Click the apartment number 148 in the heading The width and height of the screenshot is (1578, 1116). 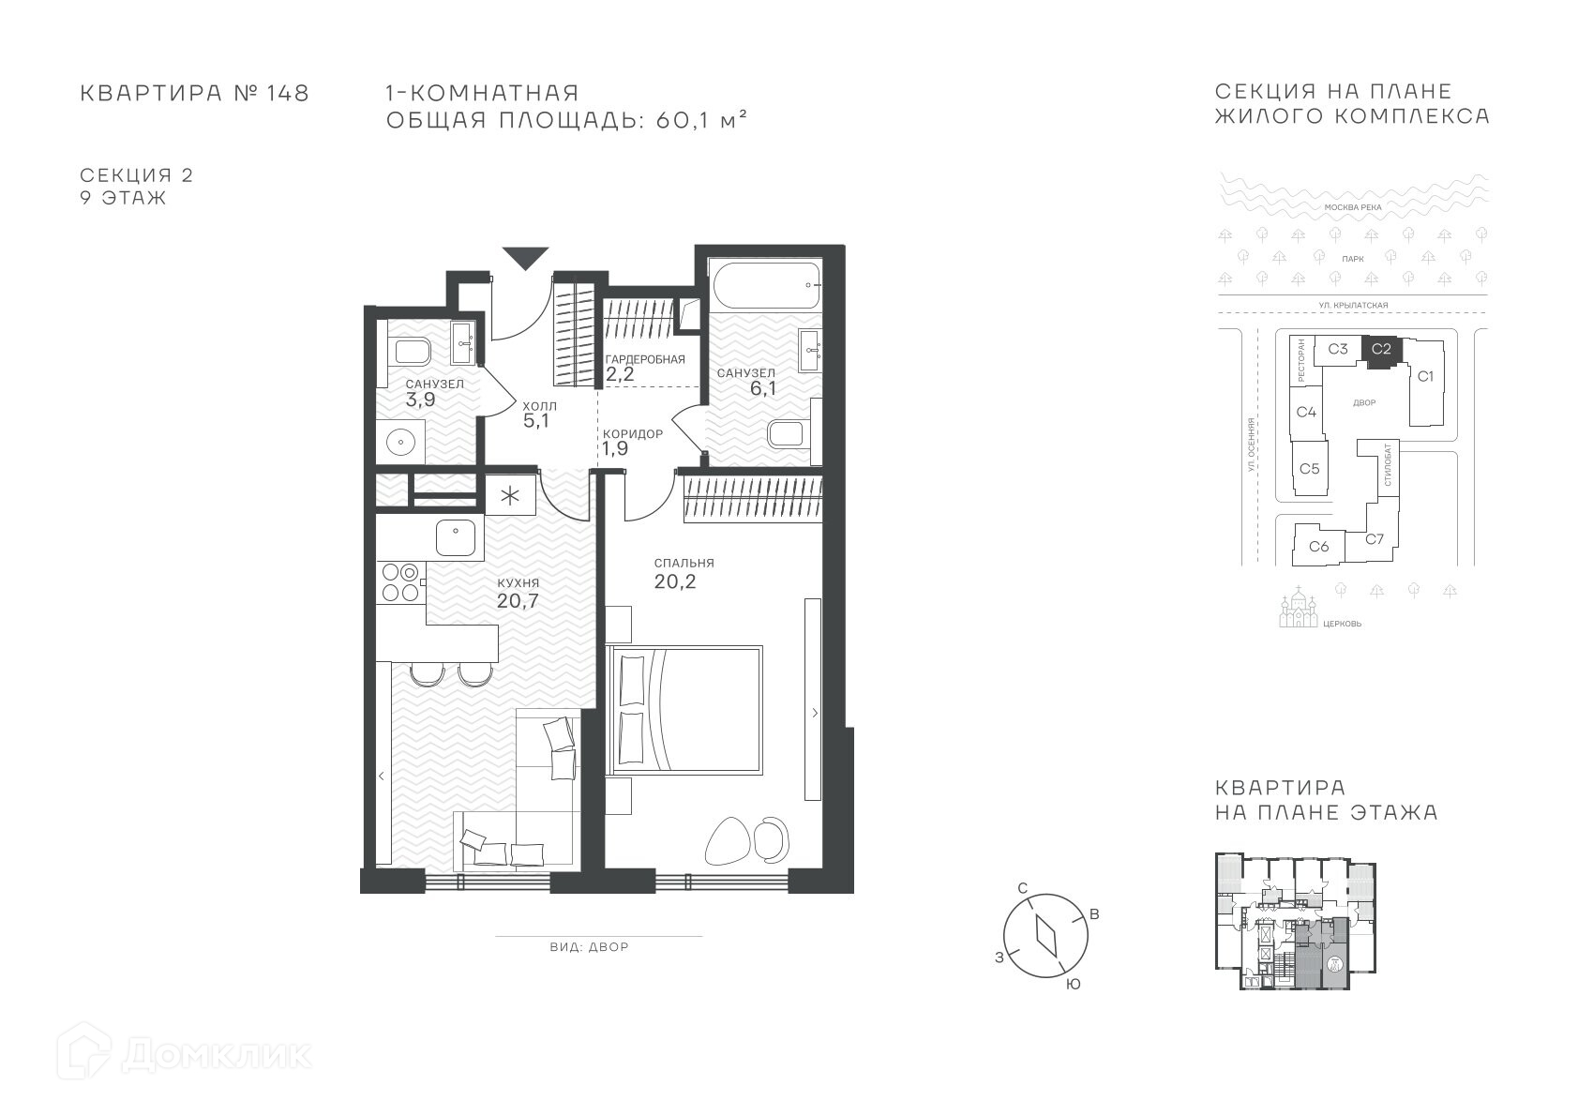pyautogui.click(x=288, y=93)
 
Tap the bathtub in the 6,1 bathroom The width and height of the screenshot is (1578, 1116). pyautogui.click(x=766, y=285)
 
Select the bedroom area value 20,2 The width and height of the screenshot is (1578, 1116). pyautogui.click(x=675, y=581)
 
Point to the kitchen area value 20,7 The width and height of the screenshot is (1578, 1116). pyautogui.click(x=518, y=601)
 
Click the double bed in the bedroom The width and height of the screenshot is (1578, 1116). pyautogui.click(x=684, y=710)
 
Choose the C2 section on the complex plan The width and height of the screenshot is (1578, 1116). pyautogui.click(x=1381, y=350)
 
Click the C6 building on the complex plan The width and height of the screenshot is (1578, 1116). pyautogui.click(x=1318, y=546)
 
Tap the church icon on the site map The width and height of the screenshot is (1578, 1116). pyautogui.click(x=1299, y=608)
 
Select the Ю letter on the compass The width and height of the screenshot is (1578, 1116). pyautogui.click(x=1073, y=985)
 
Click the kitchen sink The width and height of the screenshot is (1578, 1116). pyautogui.click(x=456, y=538)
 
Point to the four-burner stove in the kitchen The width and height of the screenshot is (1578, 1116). pyautogui.click(x=401, y=582)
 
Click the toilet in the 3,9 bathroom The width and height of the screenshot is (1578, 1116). pyautogui.click(x=410, y=350)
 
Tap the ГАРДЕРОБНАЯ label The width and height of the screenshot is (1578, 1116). pyautogui.click(x=645, y=359)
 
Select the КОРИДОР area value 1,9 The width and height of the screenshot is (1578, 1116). pyautogui.click(x=615, y=449)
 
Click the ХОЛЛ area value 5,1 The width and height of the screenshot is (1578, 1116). pyautogui.click(x=536, y=421)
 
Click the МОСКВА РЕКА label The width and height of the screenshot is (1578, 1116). pyautogui.click(x=1353, y=207)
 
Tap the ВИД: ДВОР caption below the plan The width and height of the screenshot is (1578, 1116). pyautogui.click(x=589, y=947)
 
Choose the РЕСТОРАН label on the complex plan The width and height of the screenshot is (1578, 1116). pyautogui.click(x=1300, y=360)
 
